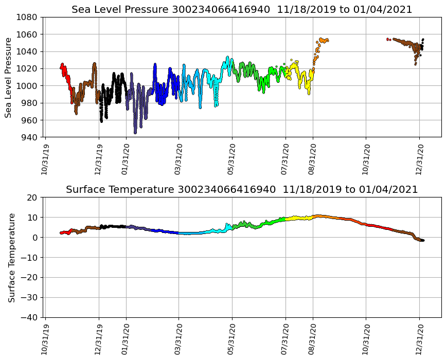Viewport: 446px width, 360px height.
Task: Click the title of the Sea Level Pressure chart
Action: (242, 9)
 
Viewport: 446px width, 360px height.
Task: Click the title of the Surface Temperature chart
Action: (242, 190)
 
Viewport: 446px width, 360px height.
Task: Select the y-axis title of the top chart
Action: (9, 77)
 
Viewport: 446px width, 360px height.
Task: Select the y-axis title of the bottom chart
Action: (11, 257)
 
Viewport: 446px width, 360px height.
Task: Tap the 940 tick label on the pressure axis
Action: (29, 137)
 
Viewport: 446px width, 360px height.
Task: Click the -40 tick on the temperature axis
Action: (28, 317)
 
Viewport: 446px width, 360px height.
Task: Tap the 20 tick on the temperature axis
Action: (32, 197)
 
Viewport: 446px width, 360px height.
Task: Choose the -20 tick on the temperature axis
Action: (28, 278)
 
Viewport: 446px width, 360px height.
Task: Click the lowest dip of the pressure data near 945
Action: (135, 132)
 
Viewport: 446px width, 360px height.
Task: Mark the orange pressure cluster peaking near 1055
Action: (323, 40)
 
